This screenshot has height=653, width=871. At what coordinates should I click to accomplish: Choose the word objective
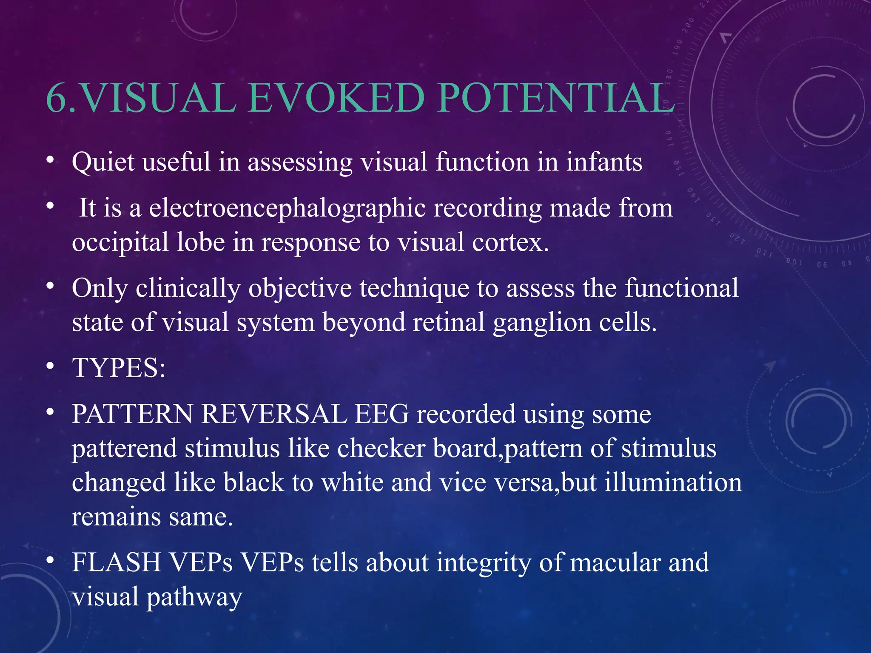(300, 289)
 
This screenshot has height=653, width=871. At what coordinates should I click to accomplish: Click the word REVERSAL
(274, 414)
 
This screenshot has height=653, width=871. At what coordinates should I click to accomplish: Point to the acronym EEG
(381, 414)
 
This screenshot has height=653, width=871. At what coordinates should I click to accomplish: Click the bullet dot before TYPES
(51, 366)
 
